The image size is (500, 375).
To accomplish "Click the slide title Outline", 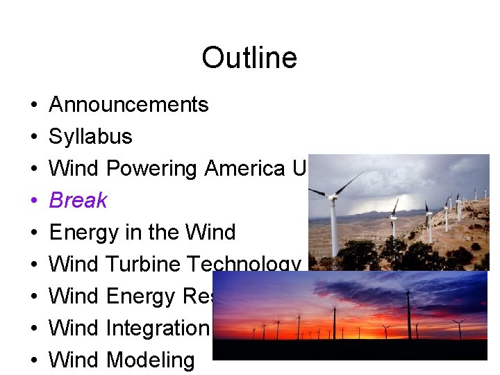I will tap(249, 58).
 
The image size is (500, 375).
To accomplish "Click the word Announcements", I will tap(128, 105).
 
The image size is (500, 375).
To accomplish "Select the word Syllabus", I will tap(90, 137).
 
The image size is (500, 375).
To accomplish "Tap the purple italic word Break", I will tap(78, 201).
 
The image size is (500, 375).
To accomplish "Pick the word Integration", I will tap(158, 328).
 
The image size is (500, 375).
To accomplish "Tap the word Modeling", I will tap(151, 360).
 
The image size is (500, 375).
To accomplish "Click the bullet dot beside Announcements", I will tap(34, 106).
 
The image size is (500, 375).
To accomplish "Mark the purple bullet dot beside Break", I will tap(34, 201).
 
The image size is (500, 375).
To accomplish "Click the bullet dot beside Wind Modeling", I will tap(34, 361).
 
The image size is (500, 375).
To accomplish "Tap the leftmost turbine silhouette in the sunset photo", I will tap(253, 332).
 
